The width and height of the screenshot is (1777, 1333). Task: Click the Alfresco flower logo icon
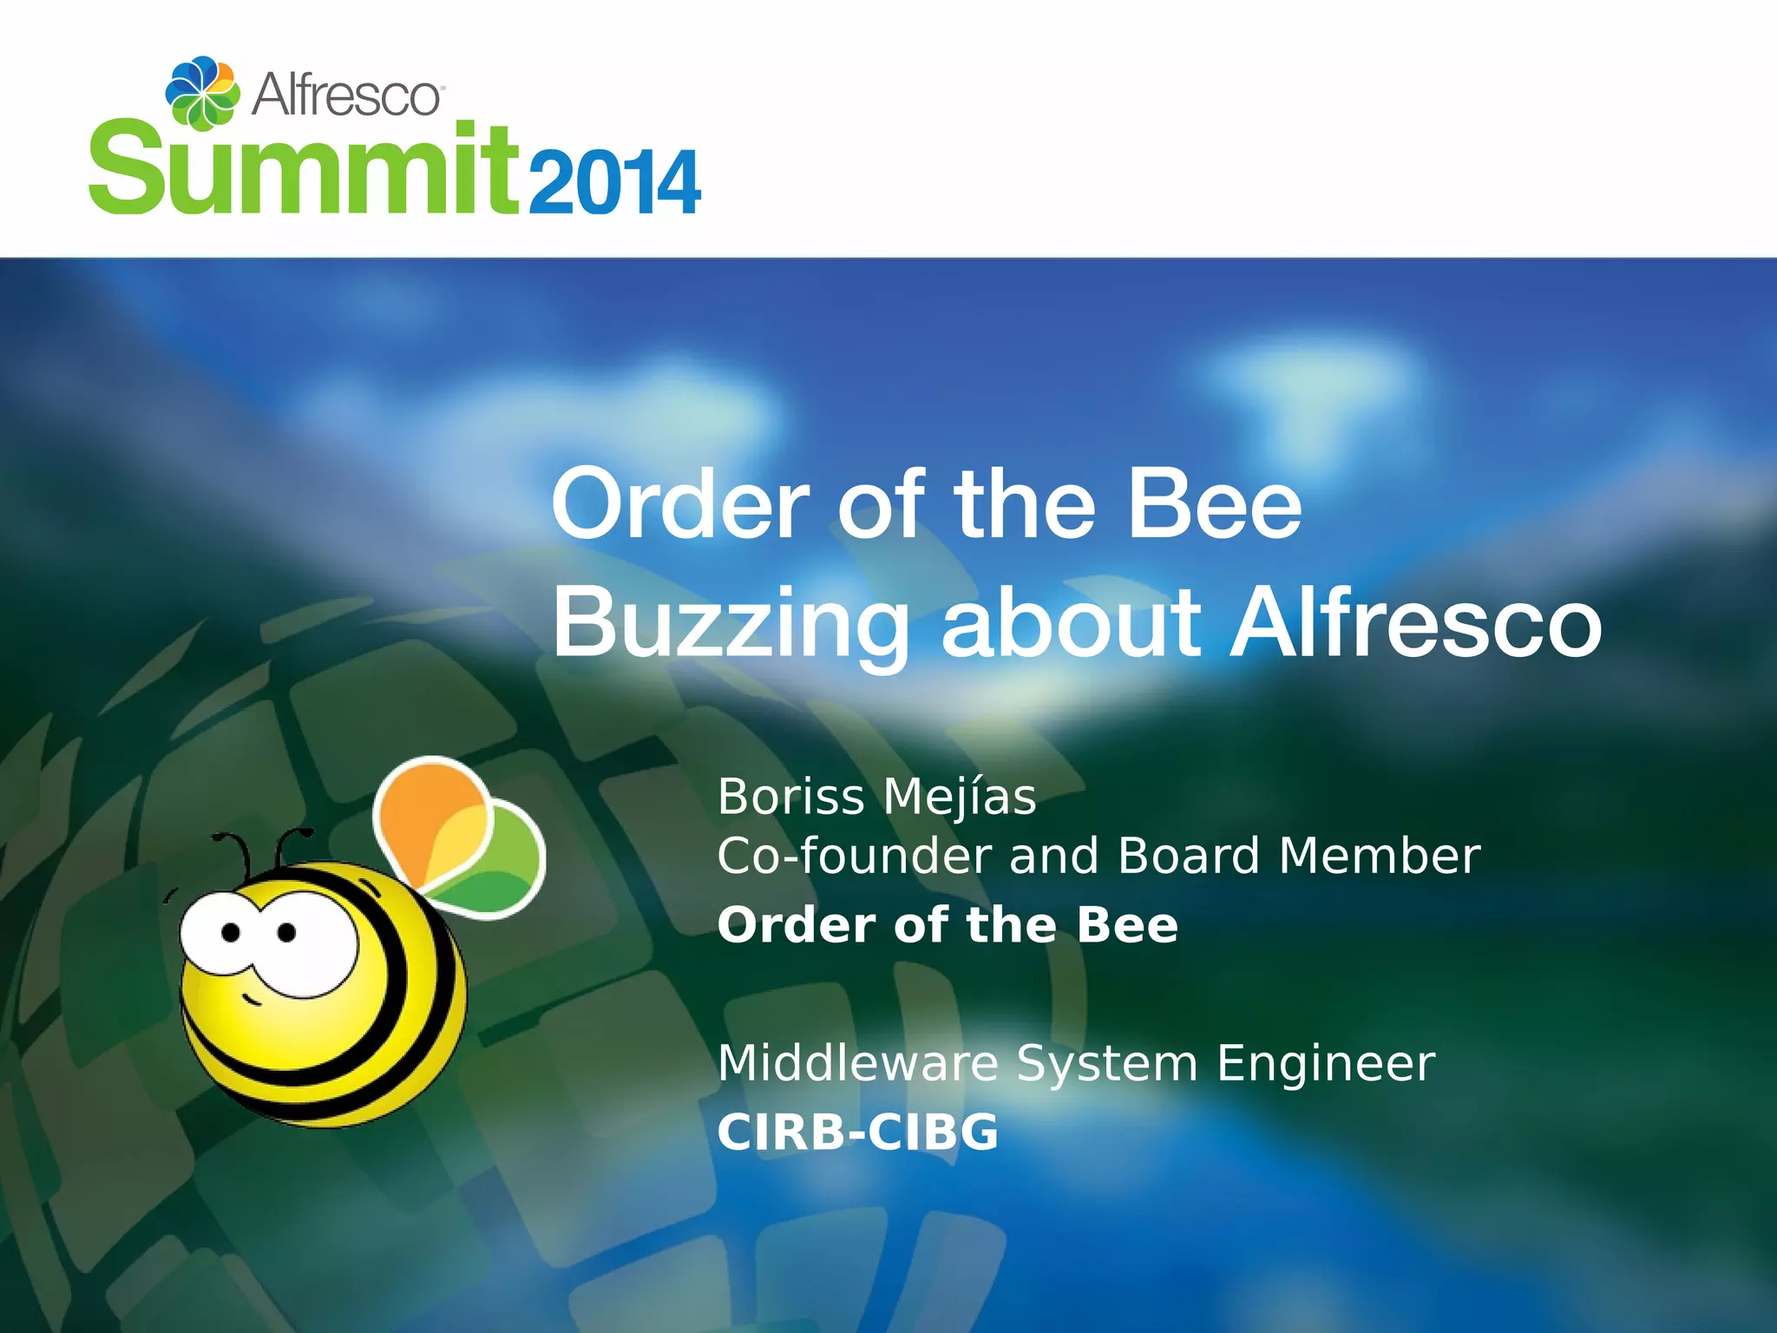(202, 92)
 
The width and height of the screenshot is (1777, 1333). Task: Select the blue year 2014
(613, 182)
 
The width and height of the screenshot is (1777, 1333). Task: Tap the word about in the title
(1071, 623)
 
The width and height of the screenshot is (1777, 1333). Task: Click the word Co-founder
(855, 857)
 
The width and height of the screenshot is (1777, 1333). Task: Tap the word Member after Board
(1379, 857)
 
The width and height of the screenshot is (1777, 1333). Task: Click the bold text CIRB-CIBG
(857, 1133)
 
